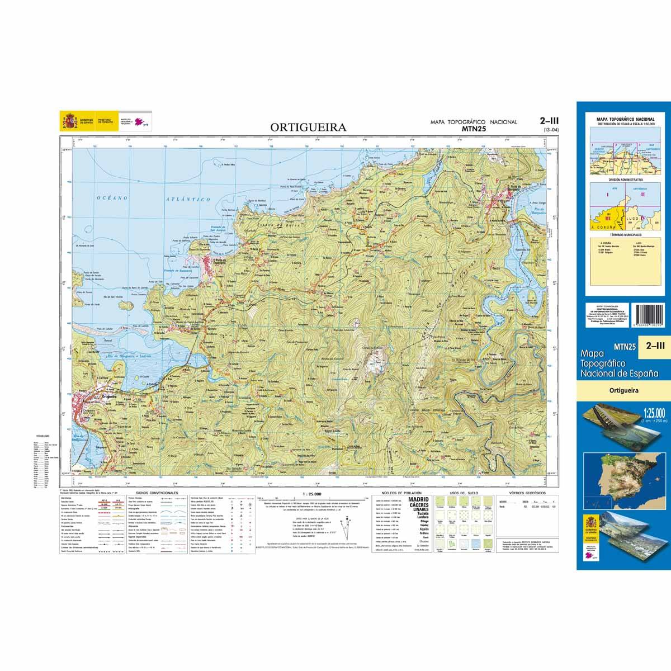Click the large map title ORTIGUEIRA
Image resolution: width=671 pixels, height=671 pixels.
click(x=308, y=127)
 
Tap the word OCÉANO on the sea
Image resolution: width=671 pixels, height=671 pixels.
click(x=112, y=197)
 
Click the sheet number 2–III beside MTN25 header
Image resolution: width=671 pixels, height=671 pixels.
click(x=550, y=120)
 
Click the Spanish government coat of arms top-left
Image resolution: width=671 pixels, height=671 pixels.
click(x=70, y=121)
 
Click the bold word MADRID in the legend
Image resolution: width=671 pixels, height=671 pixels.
click(x=419, y=499)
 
